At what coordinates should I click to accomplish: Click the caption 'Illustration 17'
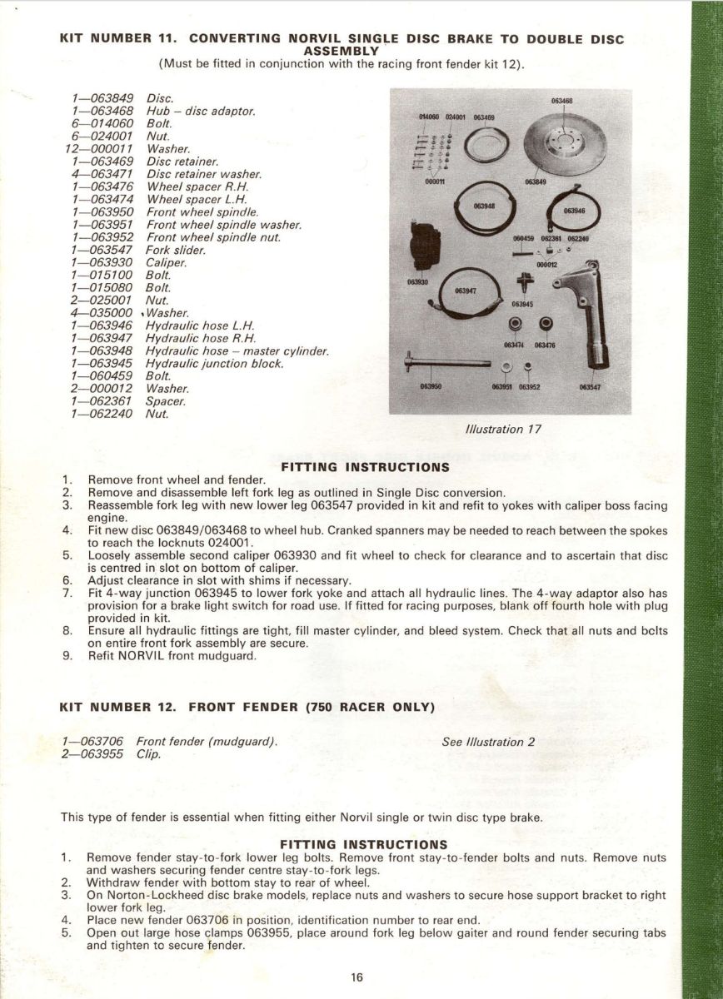pos(500,430)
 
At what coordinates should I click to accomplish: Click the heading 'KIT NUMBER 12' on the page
pos(117,708)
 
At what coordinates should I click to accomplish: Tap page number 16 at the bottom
pos(357,977)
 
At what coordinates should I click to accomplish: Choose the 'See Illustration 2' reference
pos(488,742)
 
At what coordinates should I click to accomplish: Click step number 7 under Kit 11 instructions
pos(67,592)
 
